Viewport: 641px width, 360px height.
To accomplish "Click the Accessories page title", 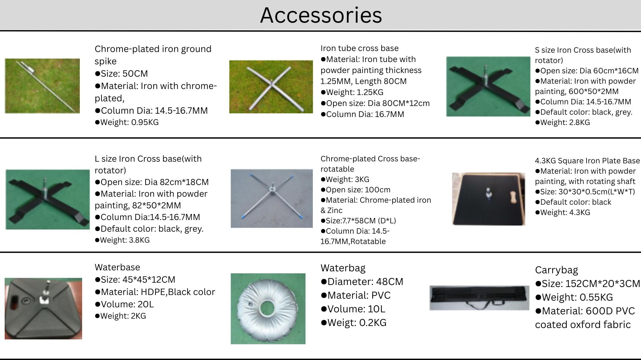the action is click(x=321, y=15).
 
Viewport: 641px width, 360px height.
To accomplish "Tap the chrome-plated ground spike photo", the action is click(x=42, y=86).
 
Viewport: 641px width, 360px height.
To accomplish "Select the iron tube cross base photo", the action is click(x=271, y=87).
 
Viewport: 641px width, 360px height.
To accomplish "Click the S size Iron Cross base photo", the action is click(x=488, y=86).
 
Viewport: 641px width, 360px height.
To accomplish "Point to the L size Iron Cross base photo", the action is click(x=48, y=199).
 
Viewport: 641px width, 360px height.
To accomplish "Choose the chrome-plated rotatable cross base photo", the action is click(x=272, y=198).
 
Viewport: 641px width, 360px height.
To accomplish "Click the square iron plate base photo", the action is click(x=488, y=199).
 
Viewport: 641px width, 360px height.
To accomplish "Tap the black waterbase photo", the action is click(x=43, y=309).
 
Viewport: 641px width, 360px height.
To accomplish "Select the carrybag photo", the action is click(x=479, y=298).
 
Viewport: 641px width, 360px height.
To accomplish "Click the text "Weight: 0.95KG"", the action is click(x=127, y=122).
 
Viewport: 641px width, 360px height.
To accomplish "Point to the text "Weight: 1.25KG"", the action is click(x=352, y=92).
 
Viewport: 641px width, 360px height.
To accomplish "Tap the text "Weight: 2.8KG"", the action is click(x=563, y=122).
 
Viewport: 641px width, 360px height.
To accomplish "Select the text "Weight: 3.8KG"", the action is click(x=122, y=240).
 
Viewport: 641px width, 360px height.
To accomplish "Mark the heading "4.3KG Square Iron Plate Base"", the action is click(x=587, y=161).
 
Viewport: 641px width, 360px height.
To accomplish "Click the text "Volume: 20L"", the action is click(x=124, y=304).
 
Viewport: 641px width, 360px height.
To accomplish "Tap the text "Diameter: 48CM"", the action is click(x=362, y=282).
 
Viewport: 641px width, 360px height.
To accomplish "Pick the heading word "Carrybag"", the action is click(x=557, y=270).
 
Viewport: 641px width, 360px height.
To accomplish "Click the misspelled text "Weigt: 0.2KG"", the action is click(x=354, y=323).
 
